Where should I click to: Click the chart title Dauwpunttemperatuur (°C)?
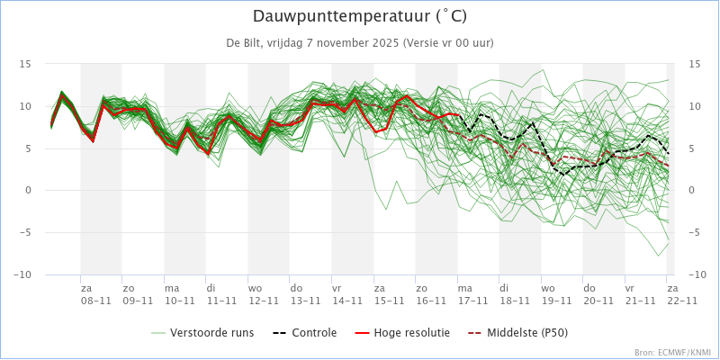[360, 16]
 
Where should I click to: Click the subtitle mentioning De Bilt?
[360, 43]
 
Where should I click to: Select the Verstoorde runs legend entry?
[202, 332]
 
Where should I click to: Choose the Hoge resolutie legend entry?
[401, 332]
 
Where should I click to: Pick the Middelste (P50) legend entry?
[517, 332]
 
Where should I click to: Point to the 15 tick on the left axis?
[25, 64]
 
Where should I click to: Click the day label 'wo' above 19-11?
[548, 289]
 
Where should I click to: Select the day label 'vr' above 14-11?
[337, 289]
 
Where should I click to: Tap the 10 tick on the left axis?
[25, 106]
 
